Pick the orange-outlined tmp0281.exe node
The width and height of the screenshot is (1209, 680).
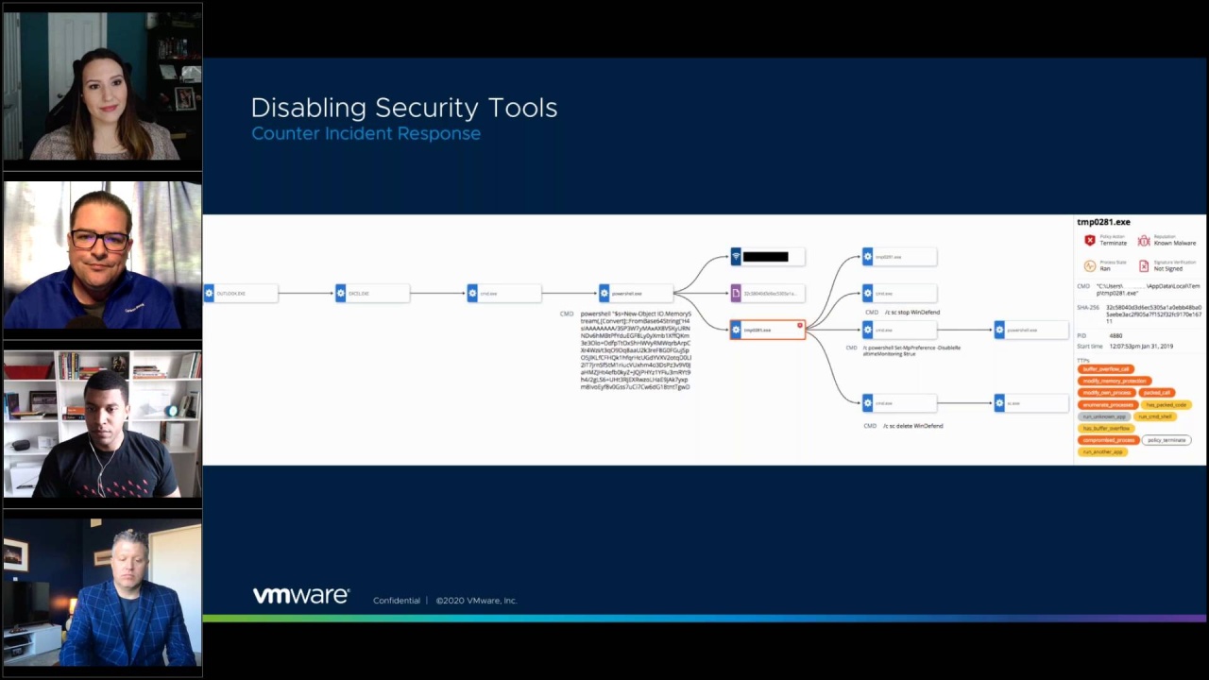click(767, 330)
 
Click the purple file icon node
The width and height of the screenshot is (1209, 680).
click(736, 294)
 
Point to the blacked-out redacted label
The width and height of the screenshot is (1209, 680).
click(765, 257)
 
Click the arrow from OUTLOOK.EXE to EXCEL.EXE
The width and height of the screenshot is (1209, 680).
click(306, 294)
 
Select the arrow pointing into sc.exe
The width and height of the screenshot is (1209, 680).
click(964, 403)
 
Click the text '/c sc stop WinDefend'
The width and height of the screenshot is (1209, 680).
click(911, 312)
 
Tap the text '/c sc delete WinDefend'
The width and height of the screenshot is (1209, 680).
click(912, 426)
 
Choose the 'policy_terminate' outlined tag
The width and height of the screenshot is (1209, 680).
click(1166, 440)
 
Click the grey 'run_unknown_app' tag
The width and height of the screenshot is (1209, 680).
click(1104, 416)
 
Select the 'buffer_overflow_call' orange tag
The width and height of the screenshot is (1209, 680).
click(1106, 369)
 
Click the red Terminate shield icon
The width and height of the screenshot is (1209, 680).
click(1089, 241)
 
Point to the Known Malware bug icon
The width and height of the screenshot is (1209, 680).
click(1143, 241)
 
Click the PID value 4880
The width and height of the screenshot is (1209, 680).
click(1115, 335)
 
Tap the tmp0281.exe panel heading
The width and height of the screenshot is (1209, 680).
click(1103, 223)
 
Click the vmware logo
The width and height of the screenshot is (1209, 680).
click(301, 596)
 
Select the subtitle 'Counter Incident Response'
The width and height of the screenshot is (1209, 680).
click(366, 133)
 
